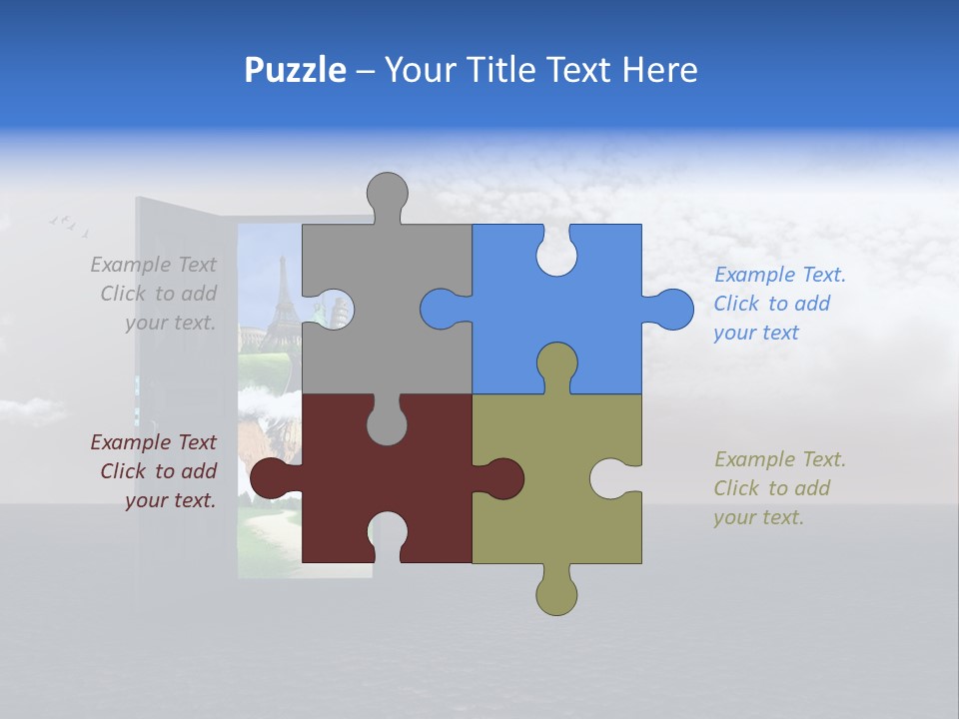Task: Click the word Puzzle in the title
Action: click(295, 70)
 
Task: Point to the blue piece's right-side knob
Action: click(670, 309)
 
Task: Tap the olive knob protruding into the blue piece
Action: click(556, 364)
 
